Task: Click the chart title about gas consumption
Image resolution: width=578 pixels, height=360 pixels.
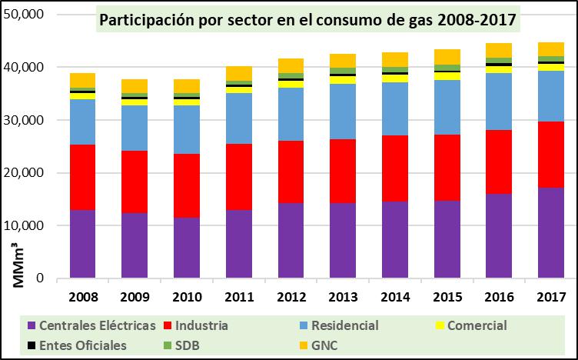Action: pos(306,18)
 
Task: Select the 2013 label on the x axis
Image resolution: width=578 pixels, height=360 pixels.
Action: pos(342,296)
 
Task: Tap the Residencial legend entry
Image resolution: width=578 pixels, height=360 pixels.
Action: pos(341,325)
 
